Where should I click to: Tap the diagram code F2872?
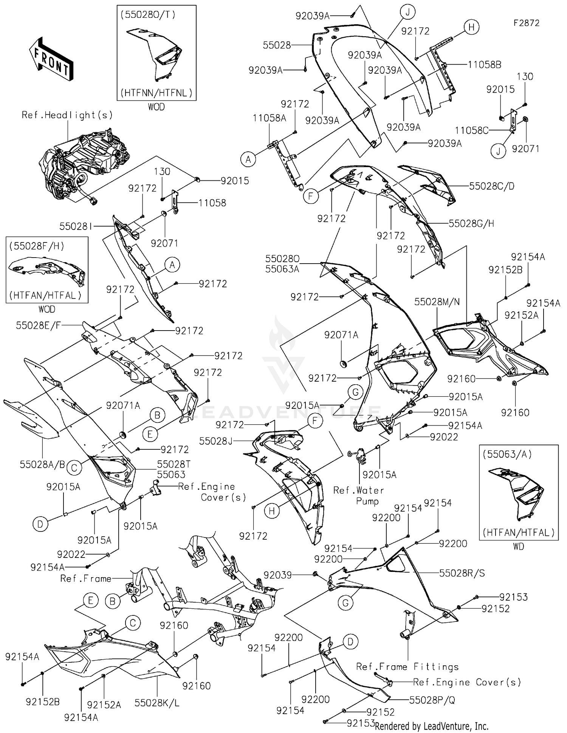tap(526, 23)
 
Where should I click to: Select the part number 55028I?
tap(76, 226)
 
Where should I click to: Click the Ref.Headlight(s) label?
tap(67, 115)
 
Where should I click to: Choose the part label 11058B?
tap(484, 65)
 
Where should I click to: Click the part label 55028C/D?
tap(491, 186)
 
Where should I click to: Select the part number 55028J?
tap(216, 441)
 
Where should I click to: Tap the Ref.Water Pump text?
tap(358, 495)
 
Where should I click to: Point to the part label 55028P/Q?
tap(432, 700)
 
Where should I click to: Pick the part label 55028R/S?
tap(462, 573)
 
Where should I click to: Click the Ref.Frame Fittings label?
tap(407, 667)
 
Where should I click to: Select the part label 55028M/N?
tap(437, 301)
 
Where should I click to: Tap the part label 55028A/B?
tap(42, 464)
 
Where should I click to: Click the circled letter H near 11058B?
tap(471, 27)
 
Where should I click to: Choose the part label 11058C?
tap(471, 130)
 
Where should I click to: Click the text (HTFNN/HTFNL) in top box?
tap(156, 92)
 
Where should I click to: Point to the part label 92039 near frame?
tap(277, 575)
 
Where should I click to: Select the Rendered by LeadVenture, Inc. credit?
tap(431, 726)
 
